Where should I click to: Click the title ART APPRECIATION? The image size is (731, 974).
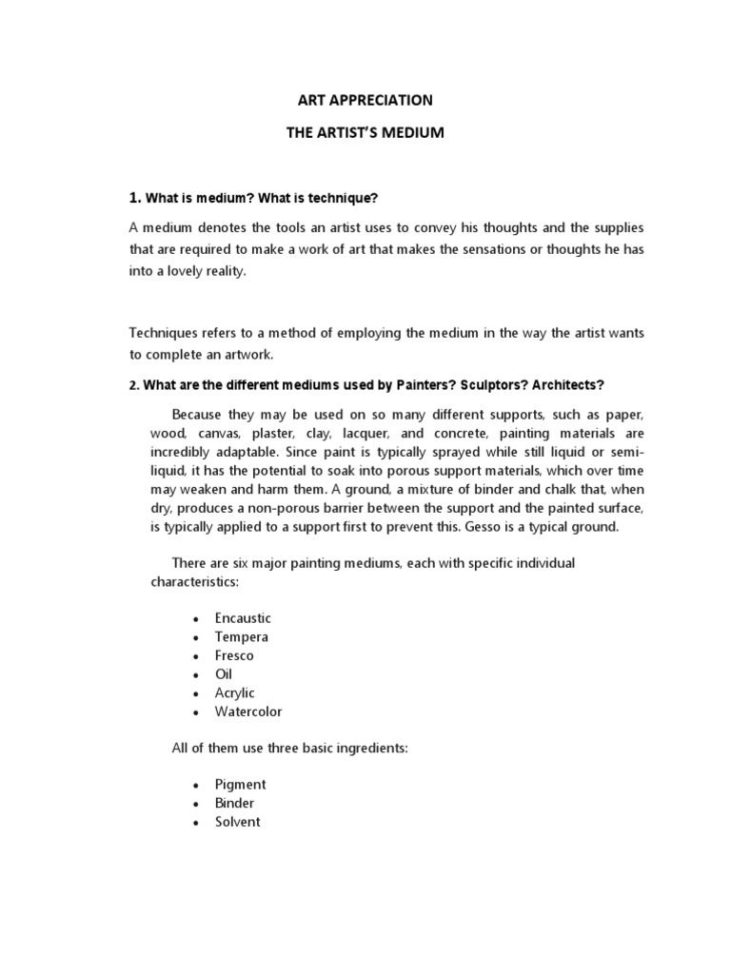pyautogui.click(x=365, y=100)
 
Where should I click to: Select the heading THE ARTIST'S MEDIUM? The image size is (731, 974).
pyautogui.click(x=365, y=133)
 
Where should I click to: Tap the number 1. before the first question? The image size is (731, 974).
pyautogui.click(x=134, y=198)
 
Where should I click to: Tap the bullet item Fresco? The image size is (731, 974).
pyautogui.click(x=235, y=655)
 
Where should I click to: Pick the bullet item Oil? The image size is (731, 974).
pyautogui.click(x=224, y=674)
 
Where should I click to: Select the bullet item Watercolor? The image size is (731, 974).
pyautogui.click(x=248, y=711)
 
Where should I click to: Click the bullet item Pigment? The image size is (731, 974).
pyautogui.click(x=241, y=785)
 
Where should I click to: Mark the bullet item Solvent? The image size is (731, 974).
pyautogui.click(x=238, y=822)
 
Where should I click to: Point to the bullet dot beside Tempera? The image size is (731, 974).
pyautogui.click(x=194, y=638)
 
